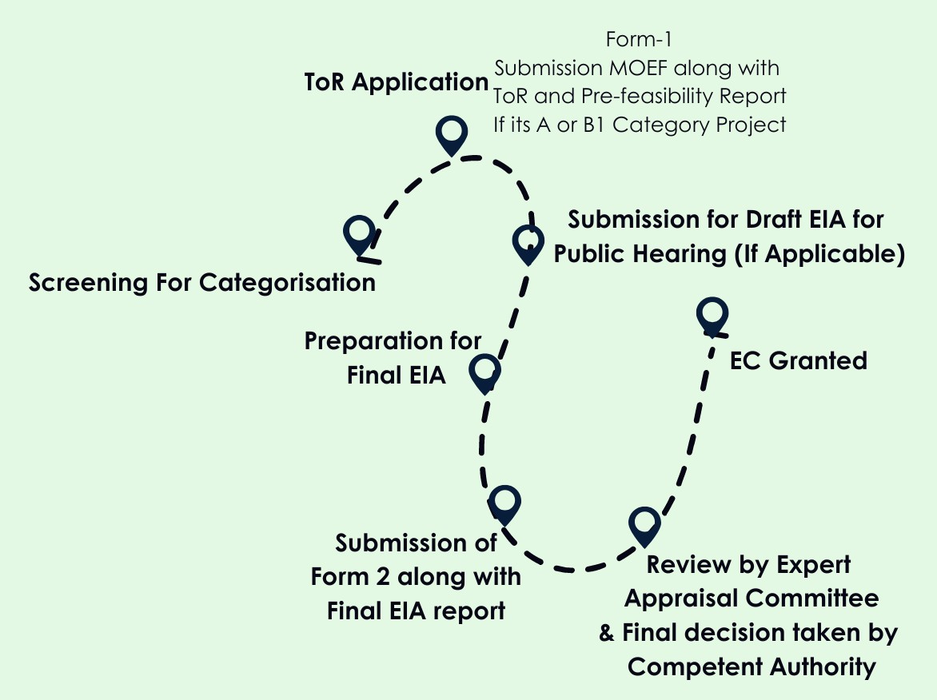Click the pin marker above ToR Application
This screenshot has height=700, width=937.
(x=452, y=134)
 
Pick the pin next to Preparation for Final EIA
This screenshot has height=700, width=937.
(x=484, y=372)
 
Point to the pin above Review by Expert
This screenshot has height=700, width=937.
(x=644, y=525)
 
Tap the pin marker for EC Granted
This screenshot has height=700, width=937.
(x=712, y=315)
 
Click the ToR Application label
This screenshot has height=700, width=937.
(x=397, y=82)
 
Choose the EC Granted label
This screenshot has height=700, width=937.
(x=798, y=361)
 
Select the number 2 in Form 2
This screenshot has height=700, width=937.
(x=385, y=576)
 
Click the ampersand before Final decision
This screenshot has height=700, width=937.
(x=608, y=633)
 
